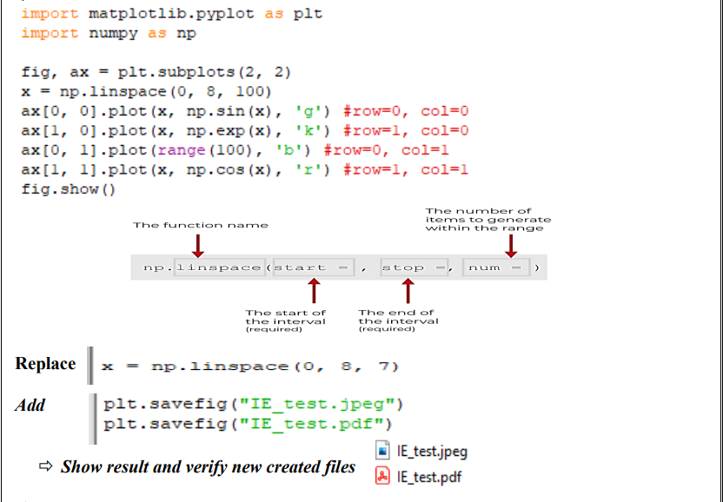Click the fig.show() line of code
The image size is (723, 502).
tap(68, 189)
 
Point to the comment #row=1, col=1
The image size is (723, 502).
tap(406, 169)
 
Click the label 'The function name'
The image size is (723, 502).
tap(200, 225)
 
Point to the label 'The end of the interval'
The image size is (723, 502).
tap(398, 320)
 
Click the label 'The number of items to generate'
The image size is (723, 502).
tap(488, 219)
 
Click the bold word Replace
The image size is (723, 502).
tap(45, 364)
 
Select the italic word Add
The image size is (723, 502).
tap(30, 405)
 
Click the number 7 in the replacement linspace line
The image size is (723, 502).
tap(382, 367)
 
